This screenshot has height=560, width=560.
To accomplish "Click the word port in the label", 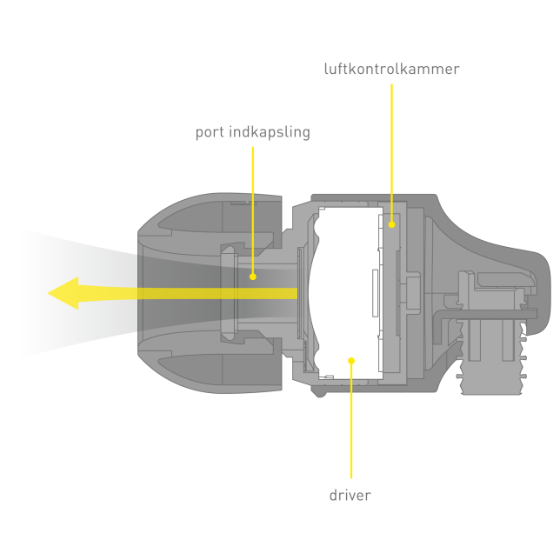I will [210, 133].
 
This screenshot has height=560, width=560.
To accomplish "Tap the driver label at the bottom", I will [350, 496].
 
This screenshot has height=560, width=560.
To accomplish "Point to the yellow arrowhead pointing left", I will [65, 293].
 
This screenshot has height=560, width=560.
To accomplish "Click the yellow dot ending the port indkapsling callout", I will [253, 277].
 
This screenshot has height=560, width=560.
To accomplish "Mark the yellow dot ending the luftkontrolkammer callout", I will [391, 224].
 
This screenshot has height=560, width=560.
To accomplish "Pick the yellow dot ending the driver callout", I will [351, 359].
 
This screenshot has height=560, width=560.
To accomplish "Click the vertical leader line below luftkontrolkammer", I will [391, 148].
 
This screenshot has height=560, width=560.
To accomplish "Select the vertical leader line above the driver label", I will [351, 426].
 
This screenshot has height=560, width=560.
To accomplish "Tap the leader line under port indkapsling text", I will [253, 209].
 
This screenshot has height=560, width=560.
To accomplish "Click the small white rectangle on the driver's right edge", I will [374, 291].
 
